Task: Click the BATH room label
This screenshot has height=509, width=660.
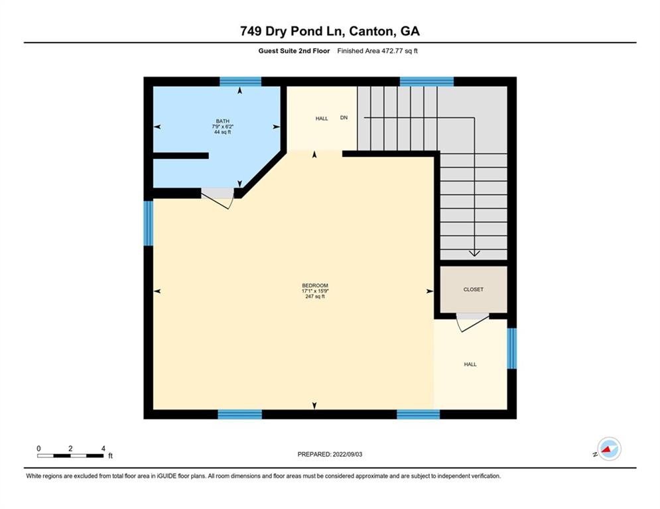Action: [222, 121]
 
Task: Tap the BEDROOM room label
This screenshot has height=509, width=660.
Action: [314, 286]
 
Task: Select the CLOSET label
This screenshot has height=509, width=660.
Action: [474, 290]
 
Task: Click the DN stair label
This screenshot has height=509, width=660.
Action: [344, 118]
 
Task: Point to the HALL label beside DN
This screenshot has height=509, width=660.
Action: [322, 119]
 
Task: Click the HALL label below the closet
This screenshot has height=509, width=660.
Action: [470, 365]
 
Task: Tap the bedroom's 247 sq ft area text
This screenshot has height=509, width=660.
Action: [314, 297]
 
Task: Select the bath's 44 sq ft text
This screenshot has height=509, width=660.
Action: [222, 133]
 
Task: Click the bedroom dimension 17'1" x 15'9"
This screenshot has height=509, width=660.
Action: [314, 292]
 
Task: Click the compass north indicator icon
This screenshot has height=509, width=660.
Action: [608, 449]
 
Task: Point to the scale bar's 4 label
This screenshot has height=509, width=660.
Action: [103, 449]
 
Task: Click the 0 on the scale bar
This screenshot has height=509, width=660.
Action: [38, 449]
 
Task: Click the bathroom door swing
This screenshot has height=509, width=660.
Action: [218, 198]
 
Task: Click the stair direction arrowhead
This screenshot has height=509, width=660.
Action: [474, 253]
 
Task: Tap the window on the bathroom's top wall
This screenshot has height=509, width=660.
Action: [241, 82]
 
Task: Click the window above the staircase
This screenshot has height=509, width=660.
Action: [427, 82]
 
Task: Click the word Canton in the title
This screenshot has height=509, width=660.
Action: [365, 31]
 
